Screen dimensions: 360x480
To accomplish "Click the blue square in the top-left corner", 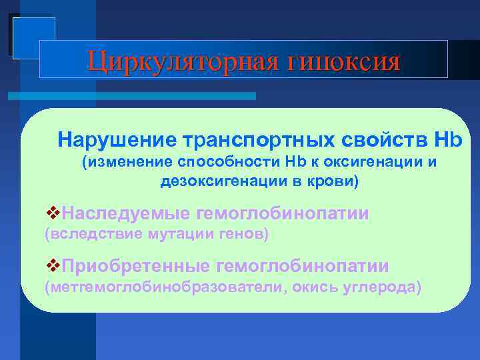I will pyautogui.click(x=33, y=37).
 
